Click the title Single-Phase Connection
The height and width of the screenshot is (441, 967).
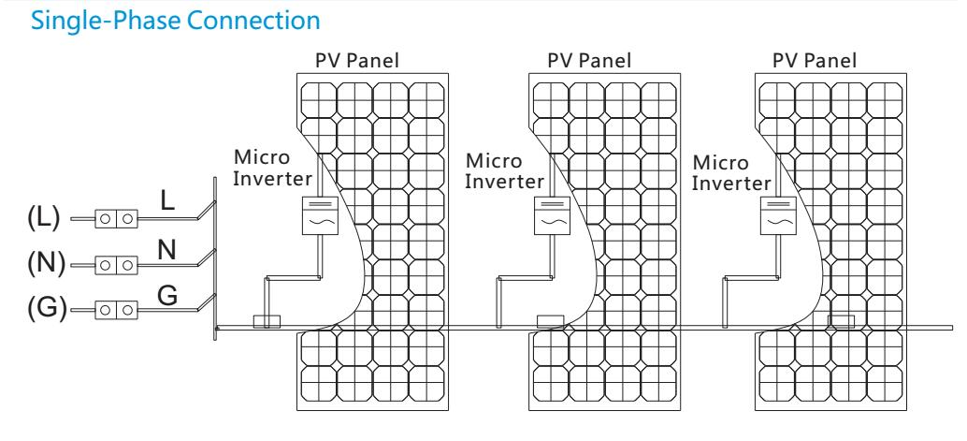coord(176,21)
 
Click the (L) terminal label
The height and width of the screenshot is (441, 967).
coord(44,218)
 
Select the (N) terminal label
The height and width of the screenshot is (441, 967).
coord(46,263)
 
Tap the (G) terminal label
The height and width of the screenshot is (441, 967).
coord(47,308)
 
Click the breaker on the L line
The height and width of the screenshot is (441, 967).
coord(116,219)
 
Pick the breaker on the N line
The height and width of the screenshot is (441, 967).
coord(116,265)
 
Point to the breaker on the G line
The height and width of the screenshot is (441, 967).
coord(116,309)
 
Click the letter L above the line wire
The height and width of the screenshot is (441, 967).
coord(167,200)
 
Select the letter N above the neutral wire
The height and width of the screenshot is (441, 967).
coord(167,250)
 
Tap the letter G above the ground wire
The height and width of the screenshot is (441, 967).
coord(167,296)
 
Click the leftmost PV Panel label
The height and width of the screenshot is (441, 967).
coord(357,61)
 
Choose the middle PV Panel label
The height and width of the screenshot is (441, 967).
coord(589,61)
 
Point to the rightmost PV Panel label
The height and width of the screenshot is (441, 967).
coord(815,61)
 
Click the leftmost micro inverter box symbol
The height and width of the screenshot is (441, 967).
coord(321,216)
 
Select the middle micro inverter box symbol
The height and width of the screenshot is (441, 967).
coord(553,216)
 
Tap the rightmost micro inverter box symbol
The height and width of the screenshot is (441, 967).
coord(778,216)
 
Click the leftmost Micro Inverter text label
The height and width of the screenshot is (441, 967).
coord(272,168)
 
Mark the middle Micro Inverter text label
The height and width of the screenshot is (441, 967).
coord(504,170)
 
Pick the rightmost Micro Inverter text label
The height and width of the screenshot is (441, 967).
coord(731,173)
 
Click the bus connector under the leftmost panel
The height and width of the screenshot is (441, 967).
coord(267,321)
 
